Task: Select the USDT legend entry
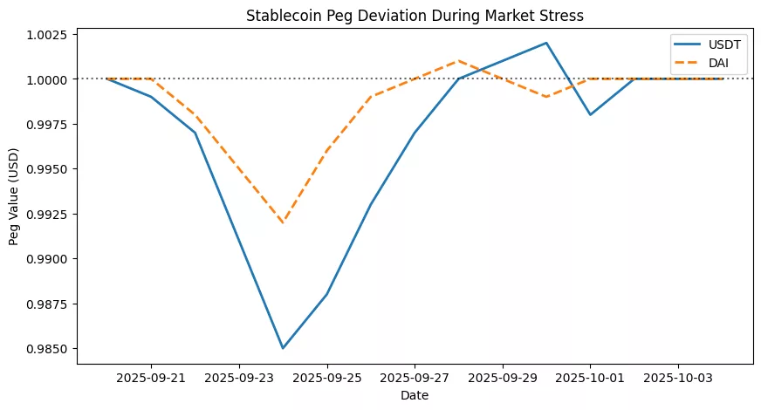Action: (707, 42)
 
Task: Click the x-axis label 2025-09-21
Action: (151, 379)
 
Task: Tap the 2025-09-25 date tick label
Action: (326, 379)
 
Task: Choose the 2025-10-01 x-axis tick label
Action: (590, 379)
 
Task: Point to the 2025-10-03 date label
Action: (678, 379)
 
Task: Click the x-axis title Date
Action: (415, 396)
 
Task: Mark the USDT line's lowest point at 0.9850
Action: (283, 349)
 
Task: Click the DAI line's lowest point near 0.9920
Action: (283, 222)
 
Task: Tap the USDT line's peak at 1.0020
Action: (546, 43)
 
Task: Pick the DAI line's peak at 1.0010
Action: (459, 61)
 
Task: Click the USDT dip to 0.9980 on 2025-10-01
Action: (590, 115)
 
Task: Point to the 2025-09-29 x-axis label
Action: (503, 379)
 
